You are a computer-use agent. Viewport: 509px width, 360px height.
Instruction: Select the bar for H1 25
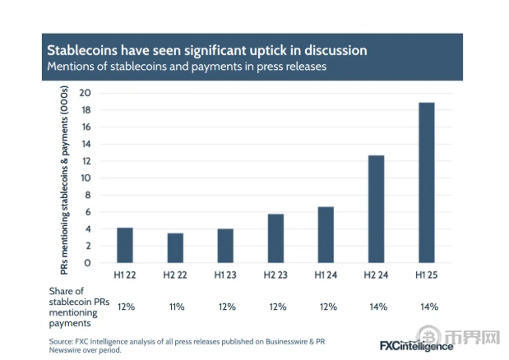point(426,182)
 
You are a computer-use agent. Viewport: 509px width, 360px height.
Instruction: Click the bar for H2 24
point(376,209)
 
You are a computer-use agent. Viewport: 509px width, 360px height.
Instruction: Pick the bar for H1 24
point(326,234)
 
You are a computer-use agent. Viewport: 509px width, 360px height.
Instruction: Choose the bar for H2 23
point(275,238)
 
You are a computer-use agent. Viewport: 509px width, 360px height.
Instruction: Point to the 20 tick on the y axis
point(85,93)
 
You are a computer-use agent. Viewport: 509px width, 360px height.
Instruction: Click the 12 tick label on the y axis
point(85,161)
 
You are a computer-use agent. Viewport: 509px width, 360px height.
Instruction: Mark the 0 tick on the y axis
point(87,263)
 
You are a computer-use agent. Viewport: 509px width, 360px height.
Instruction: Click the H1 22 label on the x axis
point(125,273)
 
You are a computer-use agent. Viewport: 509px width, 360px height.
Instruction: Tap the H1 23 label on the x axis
point(225,273)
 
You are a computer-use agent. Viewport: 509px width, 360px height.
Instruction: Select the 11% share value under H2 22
point(175,307)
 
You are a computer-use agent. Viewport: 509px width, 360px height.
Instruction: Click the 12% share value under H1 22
point(125,307)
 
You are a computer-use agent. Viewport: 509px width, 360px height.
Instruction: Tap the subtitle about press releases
point(187,67)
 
